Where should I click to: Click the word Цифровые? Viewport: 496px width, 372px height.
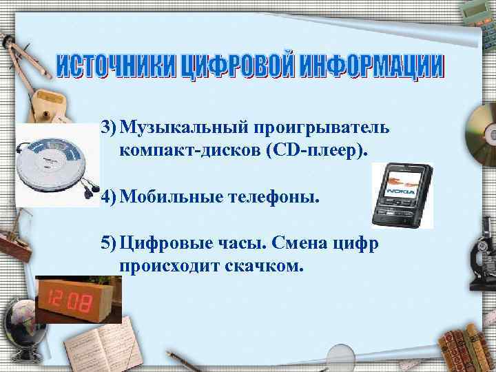pos(157,244)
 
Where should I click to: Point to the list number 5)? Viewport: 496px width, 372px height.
pos(108,244)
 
